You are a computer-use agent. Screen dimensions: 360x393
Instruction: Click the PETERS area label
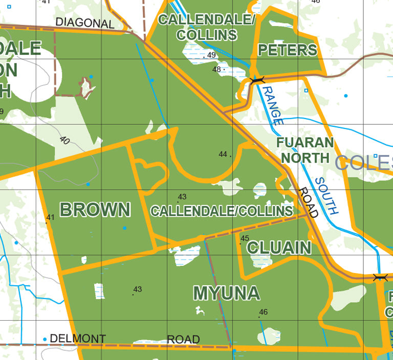pyautogui.click(x=288, y=50)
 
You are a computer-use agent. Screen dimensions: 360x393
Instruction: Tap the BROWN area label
pyautogui.click(x=95, y=210)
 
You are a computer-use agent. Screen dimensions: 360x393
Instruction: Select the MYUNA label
pyautogui.click(x=226, y=294)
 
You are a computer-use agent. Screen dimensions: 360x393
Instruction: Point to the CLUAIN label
pyautogui.click(x=279, y=248)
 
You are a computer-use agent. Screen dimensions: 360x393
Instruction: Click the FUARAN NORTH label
pyautogui.click(x=305, y=150)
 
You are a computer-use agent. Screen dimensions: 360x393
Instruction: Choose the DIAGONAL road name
pyautogui.click(x=84, y=23)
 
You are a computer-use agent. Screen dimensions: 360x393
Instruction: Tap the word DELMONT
pyautogui.click(x=78, y=339)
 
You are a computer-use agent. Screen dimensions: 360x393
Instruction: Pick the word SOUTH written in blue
pyautogui.click(x=326, y=195)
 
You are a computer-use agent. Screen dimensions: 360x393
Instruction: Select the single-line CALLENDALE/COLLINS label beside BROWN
pyautogui.click(x=222, y=211)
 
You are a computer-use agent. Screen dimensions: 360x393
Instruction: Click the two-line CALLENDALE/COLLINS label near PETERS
pyautogui.click(x=207, y=27)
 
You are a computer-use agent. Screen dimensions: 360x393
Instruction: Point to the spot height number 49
pyautogui.click(x=211, y=55)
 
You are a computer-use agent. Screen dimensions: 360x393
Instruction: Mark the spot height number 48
pyautogui.click(x=216, y=69)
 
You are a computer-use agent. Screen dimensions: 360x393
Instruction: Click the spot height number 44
pyautogui.click(x=223, y=154)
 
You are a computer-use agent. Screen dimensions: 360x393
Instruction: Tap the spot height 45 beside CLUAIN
pyautogui.click(x=245, y=238)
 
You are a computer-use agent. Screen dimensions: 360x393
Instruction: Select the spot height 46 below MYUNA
pyautogui.click(x=264, y=312)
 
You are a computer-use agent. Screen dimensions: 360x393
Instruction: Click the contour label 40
pyautogui.click(x=64, y=140)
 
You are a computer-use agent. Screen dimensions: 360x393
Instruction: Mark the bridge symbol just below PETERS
pyautogui.click(x=256, y=80)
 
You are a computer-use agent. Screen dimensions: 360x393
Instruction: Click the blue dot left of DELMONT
pyautogui.click(x=45, y=339)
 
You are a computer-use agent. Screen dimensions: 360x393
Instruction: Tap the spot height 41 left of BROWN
pyautogui.click(x=50, y=217)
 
